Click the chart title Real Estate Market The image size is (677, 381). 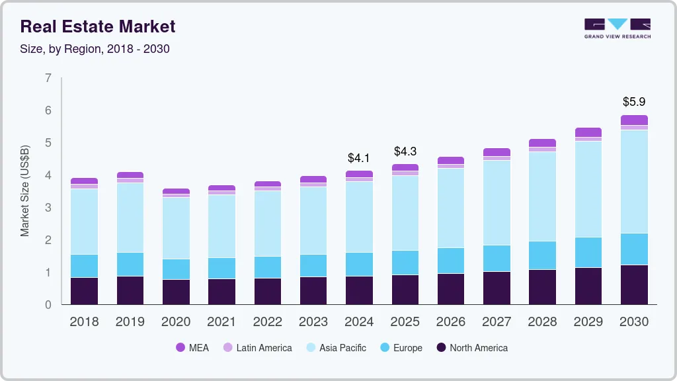(98, 26)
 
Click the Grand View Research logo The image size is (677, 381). (617, 28)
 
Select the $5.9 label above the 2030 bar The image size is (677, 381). (633, 102)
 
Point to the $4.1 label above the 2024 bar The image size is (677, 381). (359, 158)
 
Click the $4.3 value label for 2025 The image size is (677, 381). (405, 151)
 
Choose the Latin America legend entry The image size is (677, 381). (257, 347)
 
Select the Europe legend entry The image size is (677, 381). (401, 347)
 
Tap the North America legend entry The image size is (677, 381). (471, 347)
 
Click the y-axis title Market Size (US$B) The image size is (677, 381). (25, 190)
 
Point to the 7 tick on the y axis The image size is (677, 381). (48, 78)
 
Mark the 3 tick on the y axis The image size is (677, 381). (48, 208)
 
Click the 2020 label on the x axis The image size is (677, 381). (176, 322)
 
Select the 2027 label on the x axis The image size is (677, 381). (497, 322)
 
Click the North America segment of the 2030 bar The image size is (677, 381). (634, 284)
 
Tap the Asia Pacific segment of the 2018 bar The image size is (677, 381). (84, 222)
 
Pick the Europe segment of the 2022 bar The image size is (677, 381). (267, 267)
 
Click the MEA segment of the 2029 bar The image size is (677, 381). (588, 132)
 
